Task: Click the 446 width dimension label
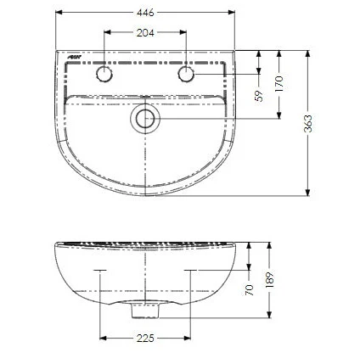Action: click(145, 12)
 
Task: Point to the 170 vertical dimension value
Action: click(281, 82)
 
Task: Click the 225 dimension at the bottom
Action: click(145, 339)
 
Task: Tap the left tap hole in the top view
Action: click(104, 75)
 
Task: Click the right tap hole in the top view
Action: click(187, 75)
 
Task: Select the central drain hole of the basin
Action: click(145, 119)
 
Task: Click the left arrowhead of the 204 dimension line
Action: click(106, 34)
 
